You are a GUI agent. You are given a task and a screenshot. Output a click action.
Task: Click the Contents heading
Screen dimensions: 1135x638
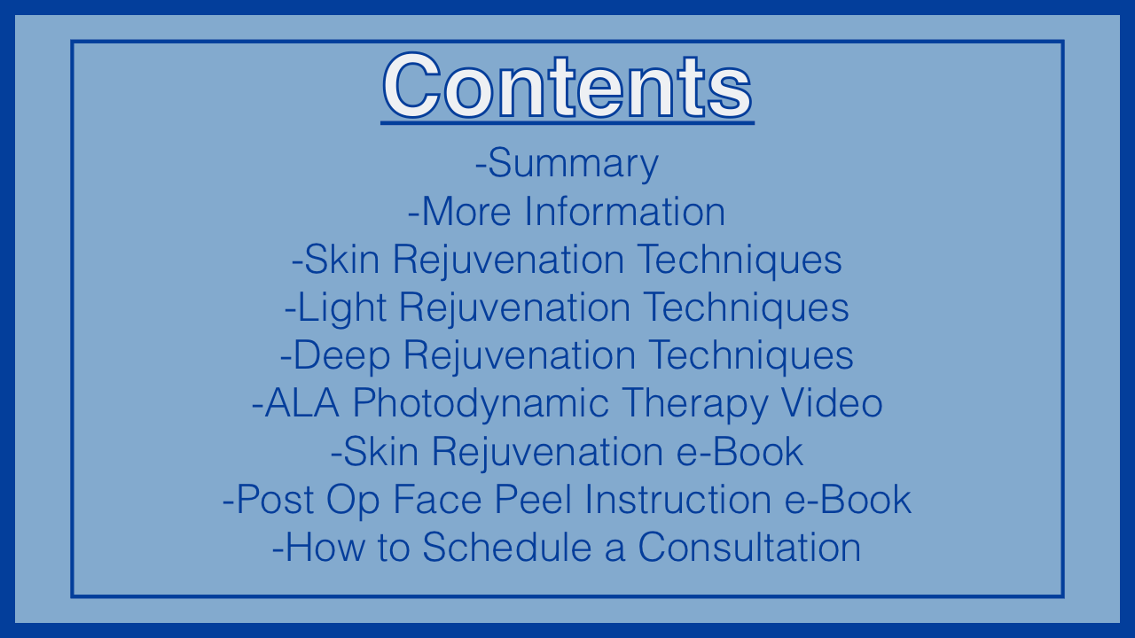(x=567, y=86)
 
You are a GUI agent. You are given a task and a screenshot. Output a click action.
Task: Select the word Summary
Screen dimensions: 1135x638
(x=573, y=164)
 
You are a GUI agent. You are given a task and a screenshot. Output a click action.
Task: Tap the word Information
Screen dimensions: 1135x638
(x=624, y=212)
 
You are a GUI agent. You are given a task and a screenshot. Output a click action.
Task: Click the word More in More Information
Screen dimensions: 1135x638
(x=466, y=212)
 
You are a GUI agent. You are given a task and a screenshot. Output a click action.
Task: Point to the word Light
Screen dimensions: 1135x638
(x=342, y=307)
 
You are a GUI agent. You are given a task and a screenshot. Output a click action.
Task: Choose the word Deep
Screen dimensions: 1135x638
(x=341, y=356)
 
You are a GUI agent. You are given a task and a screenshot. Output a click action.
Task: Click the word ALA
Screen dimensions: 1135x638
(x=302, y=403)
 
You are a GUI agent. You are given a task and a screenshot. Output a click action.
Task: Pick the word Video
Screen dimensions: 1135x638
(x=832, y=403)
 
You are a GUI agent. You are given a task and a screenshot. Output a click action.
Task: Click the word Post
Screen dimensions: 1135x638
(x=275, y=500)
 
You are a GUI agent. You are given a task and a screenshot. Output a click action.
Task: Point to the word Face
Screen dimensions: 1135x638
(x=437, y=500)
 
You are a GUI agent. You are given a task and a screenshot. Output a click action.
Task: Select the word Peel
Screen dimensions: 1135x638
(x=533, y=500)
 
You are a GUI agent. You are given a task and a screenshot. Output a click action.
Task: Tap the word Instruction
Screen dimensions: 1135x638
(x=677, y=500)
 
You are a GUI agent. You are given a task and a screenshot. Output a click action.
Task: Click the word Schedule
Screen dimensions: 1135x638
(x=506, y=548)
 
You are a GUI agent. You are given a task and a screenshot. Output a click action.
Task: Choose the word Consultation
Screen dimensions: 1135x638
(x=749, y=548)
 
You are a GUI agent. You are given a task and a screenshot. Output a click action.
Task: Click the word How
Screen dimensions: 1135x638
(x=325, y=548)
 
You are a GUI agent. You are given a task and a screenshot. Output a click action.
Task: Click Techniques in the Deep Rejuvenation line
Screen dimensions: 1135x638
(x=751, y=356)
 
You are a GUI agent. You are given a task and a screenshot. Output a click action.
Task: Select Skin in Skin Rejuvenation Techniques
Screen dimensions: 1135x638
(x=342, y=260)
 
